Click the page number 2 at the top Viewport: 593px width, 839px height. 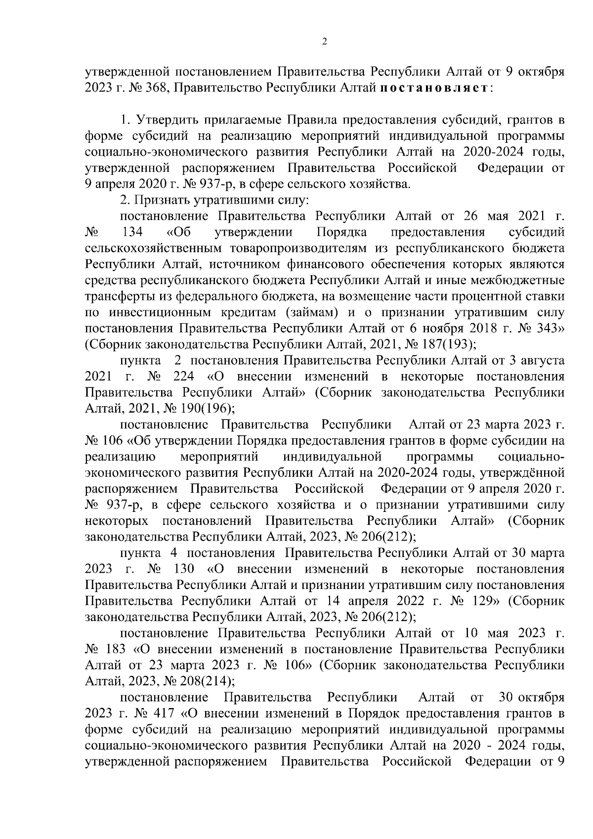tap(325, 42)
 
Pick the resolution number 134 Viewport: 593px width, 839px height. tap(132, 232)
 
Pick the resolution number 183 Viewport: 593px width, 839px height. tap(116, 649)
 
